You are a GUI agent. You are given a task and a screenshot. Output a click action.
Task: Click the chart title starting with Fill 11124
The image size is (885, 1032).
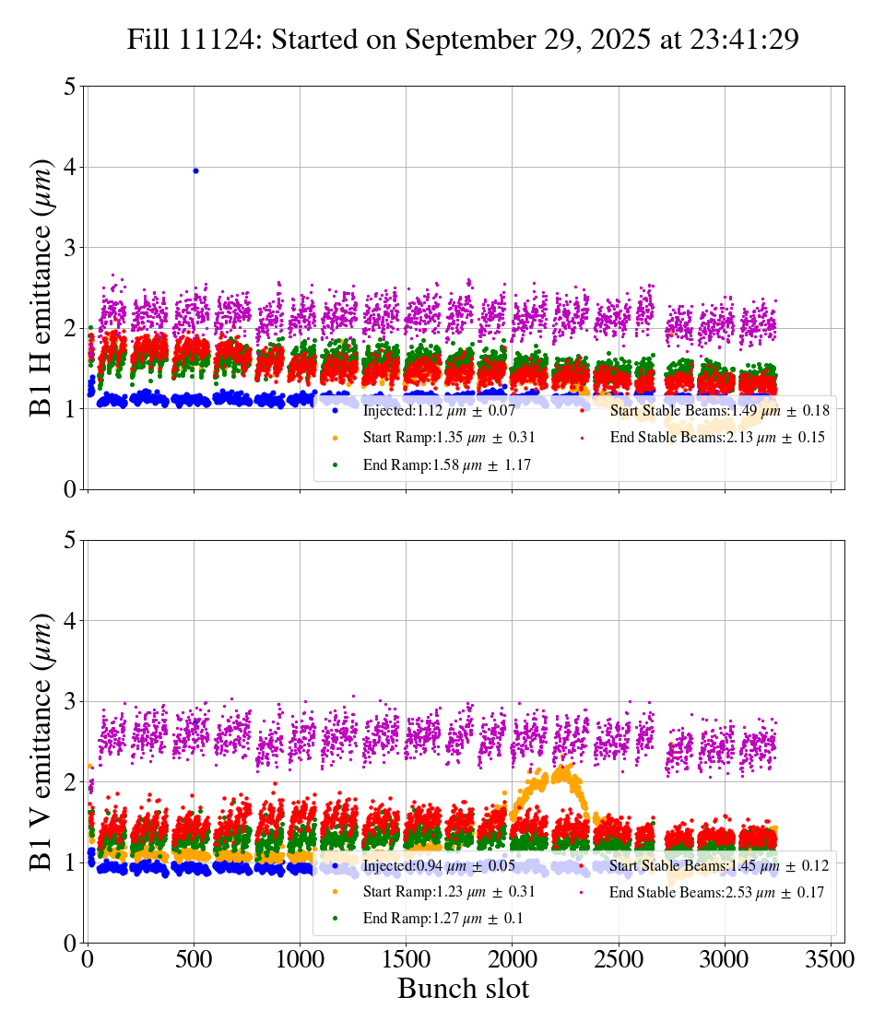(x=462, y=40)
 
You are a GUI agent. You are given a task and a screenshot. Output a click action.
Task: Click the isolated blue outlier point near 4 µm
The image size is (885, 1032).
(x=195, y=170)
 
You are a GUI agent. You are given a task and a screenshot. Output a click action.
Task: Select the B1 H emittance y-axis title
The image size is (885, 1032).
(x=41, y=287)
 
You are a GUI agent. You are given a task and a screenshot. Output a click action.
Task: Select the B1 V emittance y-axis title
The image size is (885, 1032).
(x=41, y=741)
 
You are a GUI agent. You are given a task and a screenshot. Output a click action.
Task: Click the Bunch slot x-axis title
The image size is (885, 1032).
(x=463, y=990)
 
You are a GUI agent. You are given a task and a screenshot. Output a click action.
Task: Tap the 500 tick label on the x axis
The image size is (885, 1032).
(x=194, y=959)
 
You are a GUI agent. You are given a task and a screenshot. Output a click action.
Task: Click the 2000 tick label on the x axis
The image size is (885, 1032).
(x=513, y=959)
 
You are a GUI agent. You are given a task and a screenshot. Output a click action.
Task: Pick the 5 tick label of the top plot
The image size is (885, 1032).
(x=70, y=87)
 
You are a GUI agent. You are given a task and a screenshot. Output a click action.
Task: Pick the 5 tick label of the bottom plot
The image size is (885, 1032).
(x=70, y=540)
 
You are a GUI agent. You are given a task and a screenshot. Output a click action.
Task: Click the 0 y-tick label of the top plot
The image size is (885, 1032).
(x=70, y=489)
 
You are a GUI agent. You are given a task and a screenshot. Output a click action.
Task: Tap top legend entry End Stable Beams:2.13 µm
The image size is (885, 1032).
(x=716, y=438)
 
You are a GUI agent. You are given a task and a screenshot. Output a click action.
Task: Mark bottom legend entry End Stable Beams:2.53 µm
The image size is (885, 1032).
(x=716, y=892)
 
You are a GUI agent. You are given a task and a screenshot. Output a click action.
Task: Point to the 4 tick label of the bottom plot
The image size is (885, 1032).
(x=70, y=620)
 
